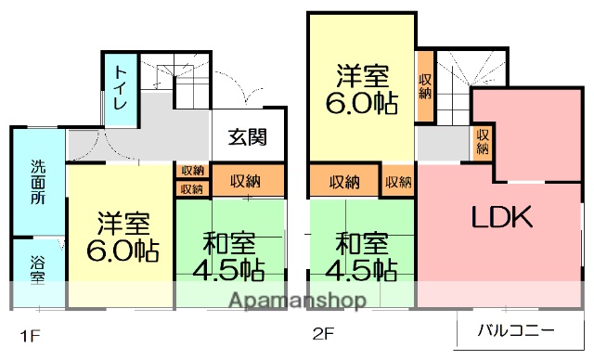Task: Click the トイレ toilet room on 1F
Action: [121, 89]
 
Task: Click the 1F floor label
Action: [31, 332]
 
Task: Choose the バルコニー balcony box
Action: [516, 329]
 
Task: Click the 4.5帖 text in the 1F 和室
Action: [226, 270]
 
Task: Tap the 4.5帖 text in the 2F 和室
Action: [361, 270]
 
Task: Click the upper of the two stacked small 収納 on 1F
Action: [192, 171]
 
